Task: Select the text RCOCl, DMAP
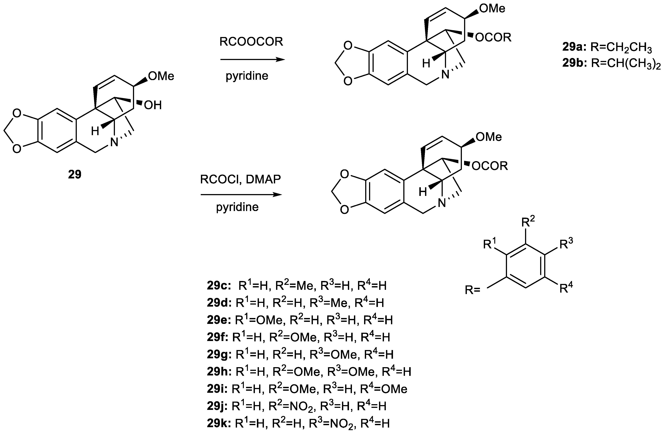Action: (240, 179)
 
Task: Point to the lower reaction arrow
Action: (241, 195)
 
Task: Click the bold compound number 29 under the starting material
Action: (75, 174)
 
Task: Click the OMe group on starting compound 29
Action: (161, 76)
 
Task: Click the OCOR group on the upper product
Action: (493, 37)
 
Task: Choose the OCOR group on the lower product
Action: (489, 166)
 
